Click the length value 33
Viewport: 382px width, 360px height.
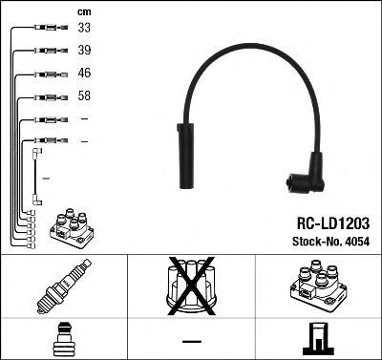[x=84, y=28]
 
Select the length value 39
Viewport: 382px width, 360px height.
[x=84, y=50]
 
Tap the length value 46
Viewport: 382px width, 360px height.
[x=84, y=73]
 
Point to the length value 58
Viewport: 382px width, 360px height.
[x=84, y=95]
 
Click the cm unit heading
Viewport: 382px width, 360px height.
[x=84, y=12]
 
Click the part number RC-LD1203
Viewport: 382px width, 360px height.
[x=333, y=223]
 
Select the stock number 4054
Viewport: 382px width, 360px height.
[x=357, y=242]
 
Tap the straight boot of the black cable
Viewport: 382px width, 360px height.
[x=185, y=156]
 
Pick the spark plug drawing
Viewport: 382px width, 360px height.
[x=64, y=286]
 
